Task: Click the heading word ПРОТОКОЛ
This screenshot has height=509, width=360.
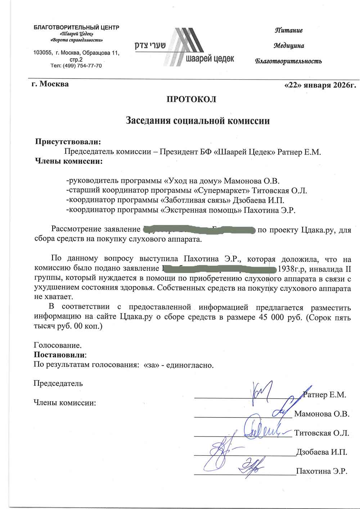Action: click(191, 99)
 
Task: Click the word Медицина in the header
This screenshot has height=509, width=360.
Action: click(289, 46)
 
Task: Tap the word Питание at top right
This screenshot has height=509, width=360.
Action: click(289, 30)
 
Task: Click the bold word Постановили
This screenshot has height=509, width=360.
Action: click(60, 355)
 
